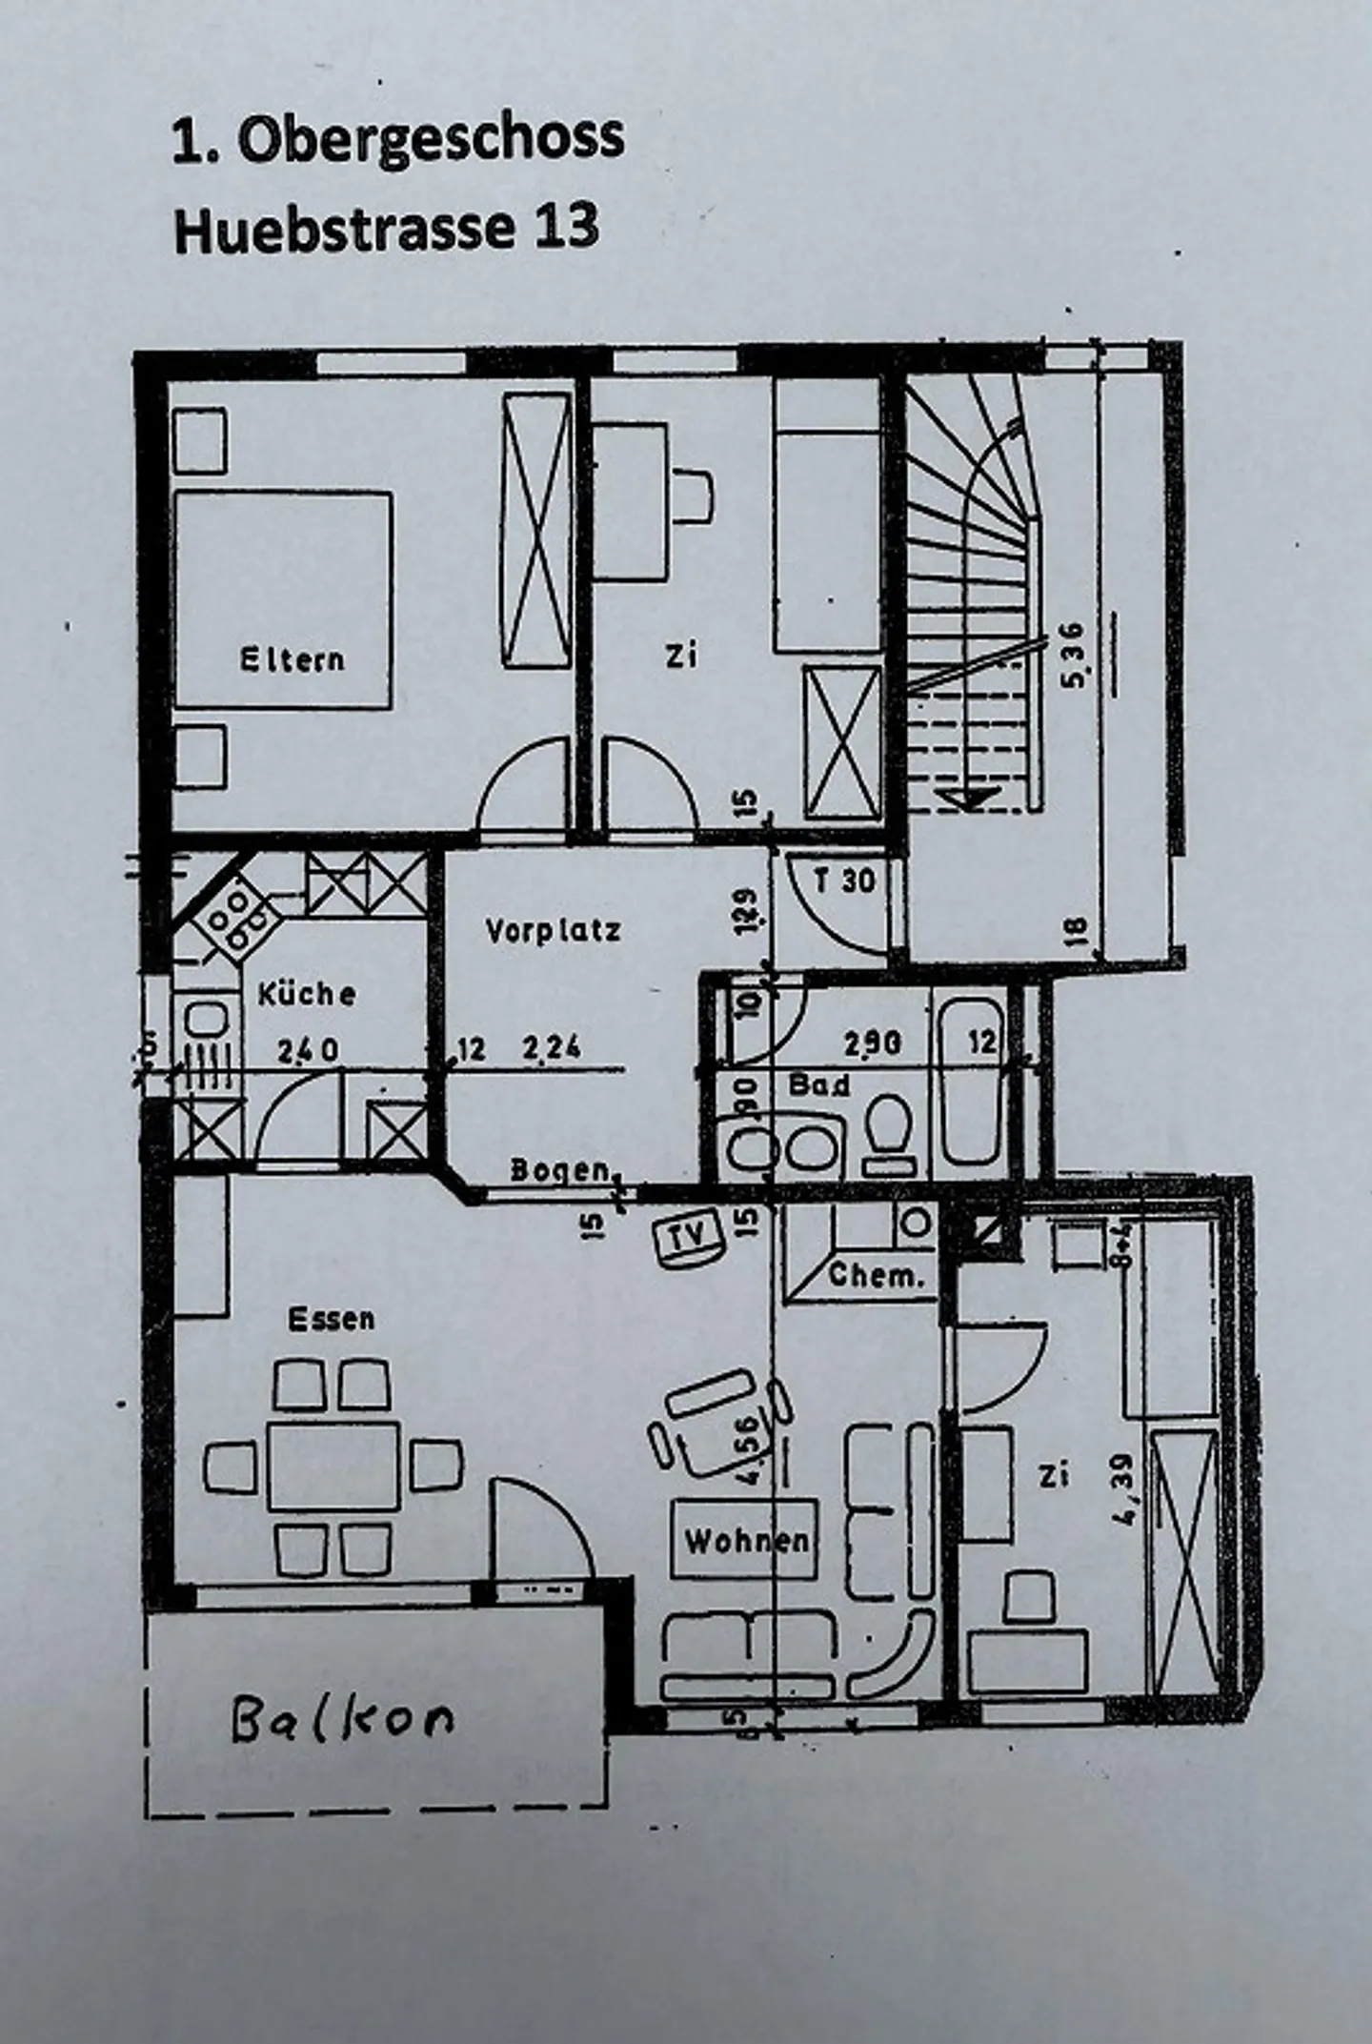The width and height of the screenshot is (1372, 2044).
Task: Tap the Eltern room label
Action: pos(292,658)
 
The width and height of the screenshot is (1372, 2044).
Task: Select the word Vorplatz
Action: pos(553,929)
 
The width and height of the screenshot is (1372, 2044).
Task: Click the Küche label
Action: pos(307,994)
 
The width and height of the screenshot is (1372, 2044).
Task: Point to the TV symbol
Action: pos(691,1237)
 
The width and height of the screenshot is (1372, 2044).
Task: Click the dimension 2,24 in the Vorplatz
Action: pos(551,1049)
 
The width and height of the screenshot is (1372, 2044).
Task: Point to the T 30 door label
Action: pos(844,880)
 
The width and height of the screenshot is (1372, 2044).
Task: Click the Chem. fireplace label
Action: pos(876,1275)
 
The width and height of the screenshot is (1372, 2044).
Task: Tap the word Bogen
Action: pos(559,1169)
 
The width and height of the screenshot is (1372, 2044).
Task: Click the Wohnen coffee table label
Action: pos(746,1540)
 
